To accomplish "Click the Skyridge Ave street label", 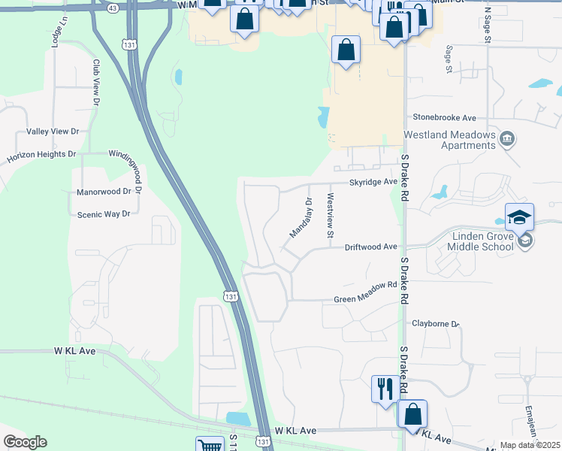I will pos(372,182).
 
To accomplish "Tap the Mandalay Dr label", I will pos(299,218).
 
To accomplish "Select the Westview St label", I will pos(330,216).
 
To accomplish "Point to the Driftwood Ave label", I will pos(370,247).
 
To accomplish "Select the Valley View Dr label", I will pos(53,132).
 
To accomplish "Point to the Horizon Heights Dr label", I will pos(42,156).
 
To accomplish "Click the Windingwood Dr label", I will pos(135,153).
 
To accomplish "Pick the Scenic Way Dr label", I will pos(104,214).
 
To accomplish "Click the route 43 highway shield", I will pos(112,6).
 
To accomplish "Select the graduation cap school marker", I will pos(519,217).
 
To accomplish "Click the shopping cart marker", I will pos(210,446).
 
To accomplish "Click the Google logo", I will pos(25,442).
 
